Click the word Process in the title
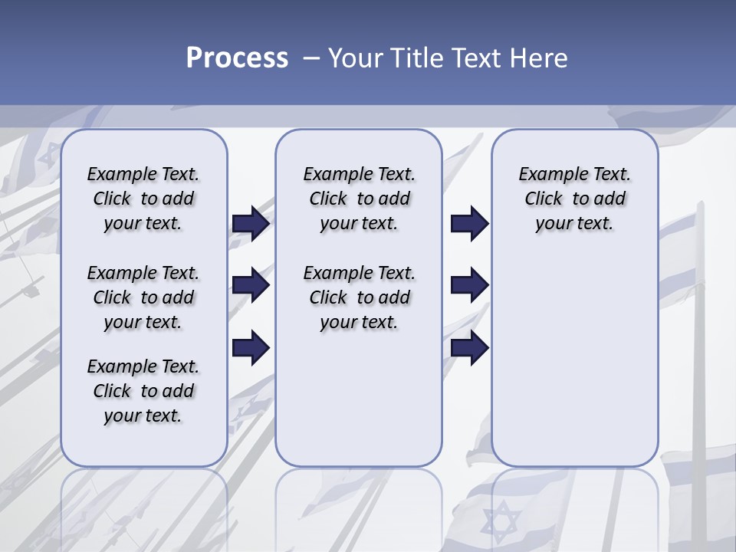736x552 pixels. tap(237, 58)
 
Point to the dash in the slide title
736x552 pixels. tap(310, 58)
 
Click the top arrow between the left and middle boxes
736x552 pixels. tap(251, 223)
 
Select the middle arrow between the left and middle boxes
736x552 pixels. tap(251, 286)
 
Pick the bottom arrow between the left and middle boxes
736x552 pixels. tap(251, 347)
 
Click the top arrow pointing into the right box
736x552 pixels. tap(469, 223)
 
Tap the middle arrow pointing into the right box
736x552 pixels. tap(469, 286)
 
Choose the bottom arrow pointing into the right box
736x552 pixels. tap(469, 347)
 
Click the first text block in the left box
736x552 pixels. tap(143, 199)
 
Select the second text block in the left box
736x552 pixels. tap(143, 297)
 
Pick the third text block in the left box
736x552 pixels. tap(143, 391)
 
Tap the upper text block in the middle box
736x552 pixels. tap(359, 199)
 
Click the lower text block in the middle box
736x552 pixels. tap(359, 297)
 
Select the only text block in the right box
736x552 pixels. tap(574, 199)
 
